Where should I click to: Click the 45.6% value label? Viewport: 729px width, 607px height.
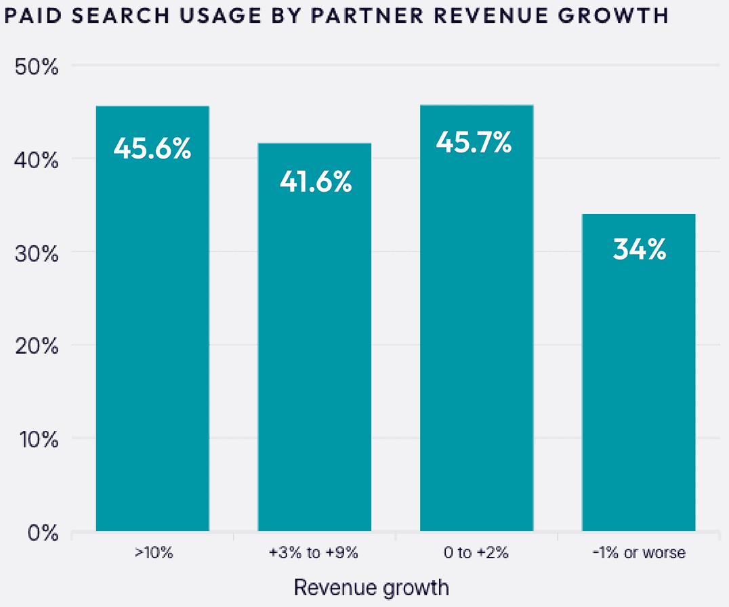click(152, 148)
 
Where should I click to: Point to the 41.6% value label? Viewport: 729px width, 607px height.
click(316, 182)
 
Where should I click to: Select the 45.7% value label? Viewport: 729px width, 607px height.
click(474, 142)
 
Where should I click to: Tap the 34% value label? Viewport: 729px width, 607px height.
click(639, 250)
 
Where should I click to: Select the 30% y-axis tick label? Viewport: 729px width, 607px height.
click(37, 253)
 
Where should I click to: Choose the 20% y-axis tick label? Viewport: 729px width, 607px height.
click(37, 346)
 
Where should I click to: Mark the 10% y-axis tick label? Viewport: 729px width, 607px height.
click(37, 440)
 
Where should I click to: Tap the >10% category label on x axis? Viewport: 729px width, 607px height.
click(153, 553)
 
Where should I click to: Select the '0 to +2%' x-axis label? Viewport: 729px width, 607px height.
click(476, 553)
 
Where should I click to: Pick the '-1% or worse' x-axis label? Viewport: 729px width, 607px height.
click(638, 553)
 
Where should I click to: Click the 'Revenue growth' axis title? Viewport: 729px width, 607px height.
click(371, 587)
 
